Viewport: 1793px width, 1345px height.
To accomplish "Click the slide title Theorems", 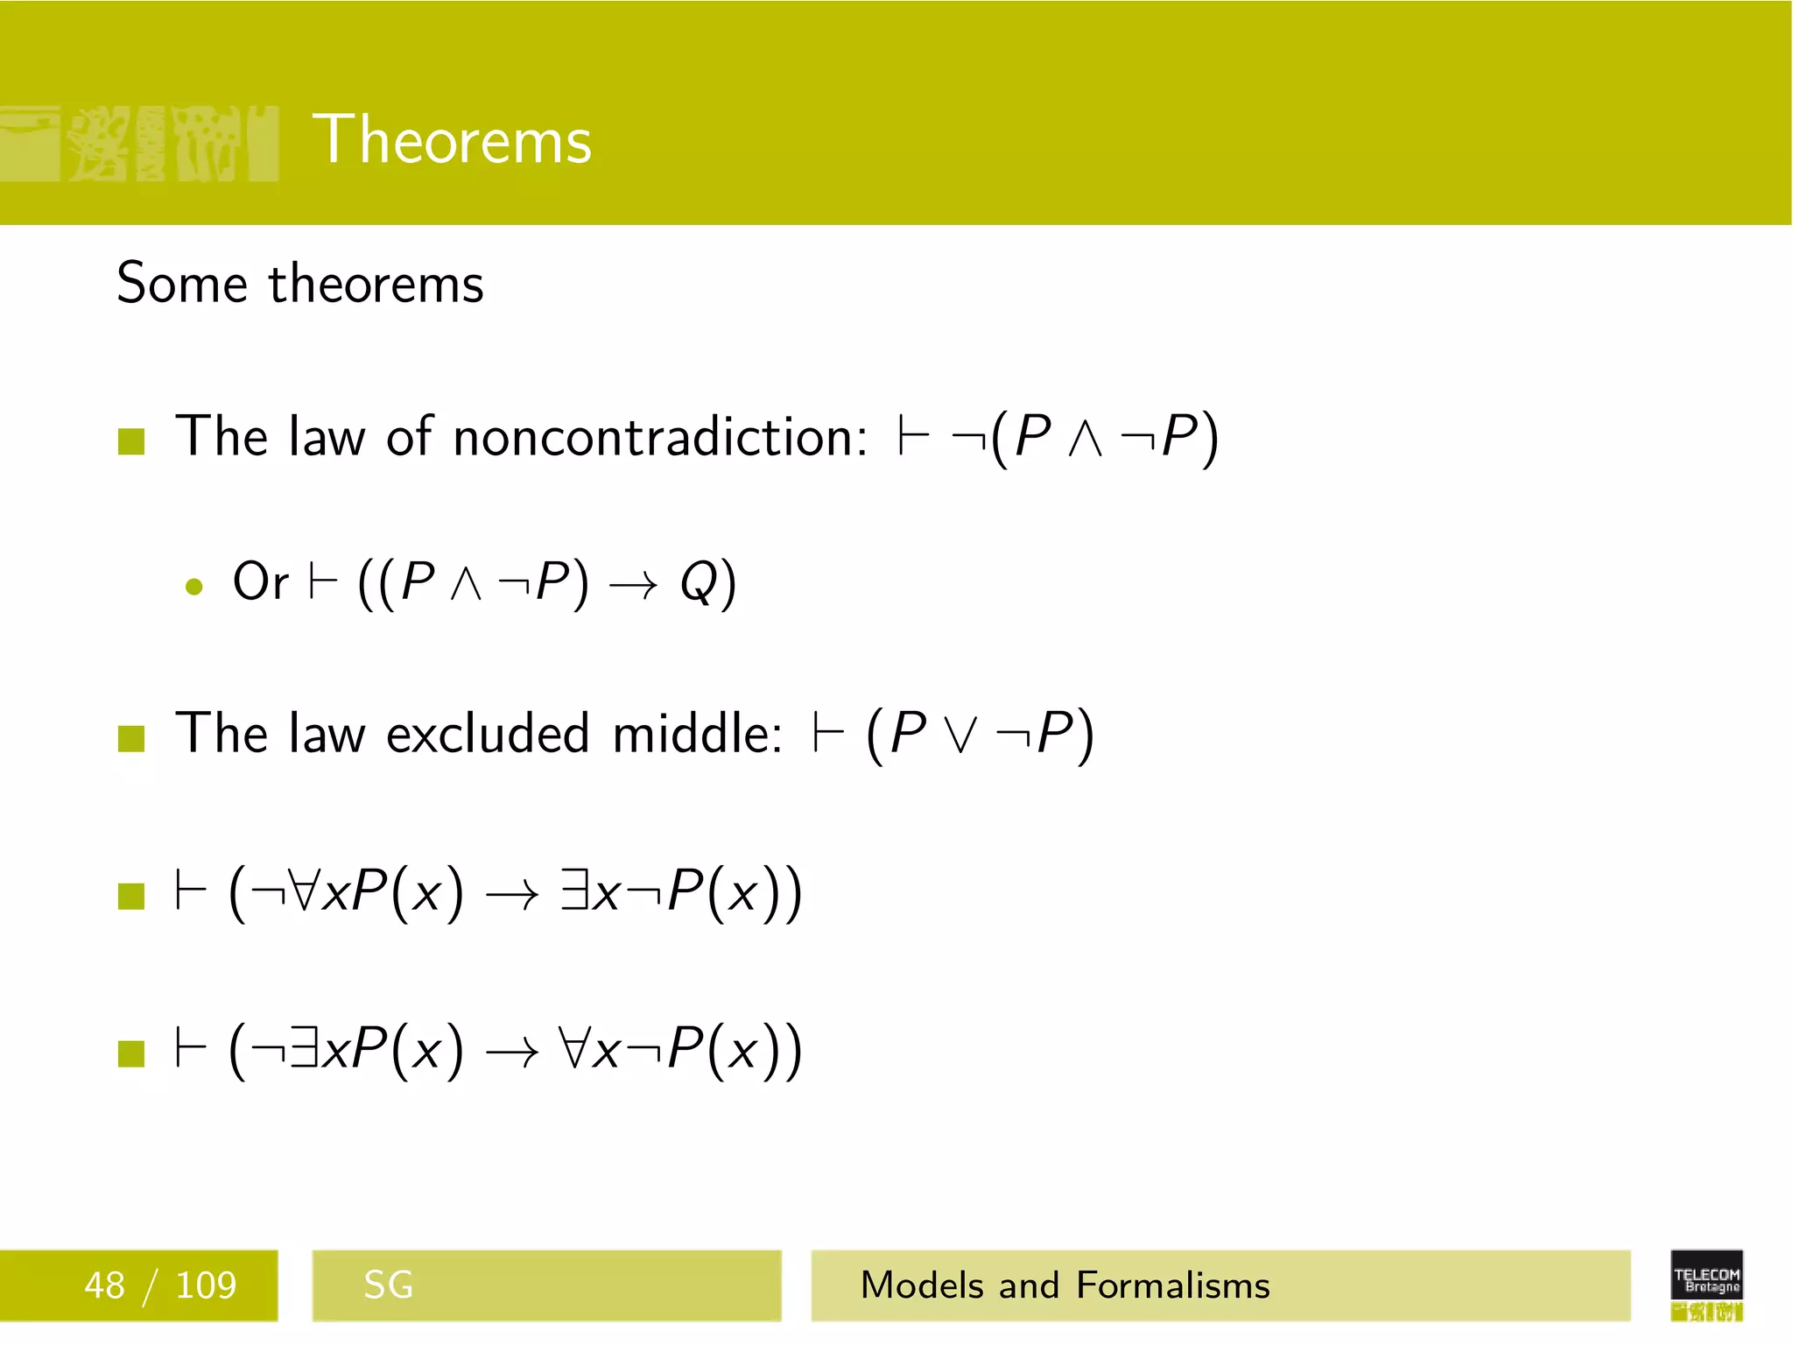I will (x=452, y=140).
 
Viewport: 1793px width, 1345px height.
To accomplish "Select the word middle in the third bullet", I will (x=696, y=733).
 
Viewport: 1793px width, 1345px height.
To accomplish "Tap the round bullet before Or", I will (x=194, y=587).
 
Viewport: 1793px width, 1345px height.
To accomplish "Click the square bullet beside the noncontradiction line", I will (x=131, y=441).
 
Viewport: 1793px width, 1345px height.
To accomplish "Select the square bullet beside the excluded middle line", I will (x=131, y=738).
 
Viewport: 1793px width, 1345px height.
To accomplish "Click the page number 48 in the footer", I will (x=104, y=1285).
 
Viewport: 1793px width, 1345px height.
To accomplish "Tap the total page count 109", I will (x=206, y=1285).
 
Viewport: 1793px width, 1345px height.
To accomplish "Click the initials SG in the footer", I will (x=388, y=1285).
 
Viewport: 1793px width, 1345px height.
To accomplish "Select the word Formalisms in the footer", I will (x=1172, y=1285).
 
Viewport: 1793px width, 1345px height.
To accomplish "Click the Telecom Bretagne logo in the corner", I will (x=1706, y=1285).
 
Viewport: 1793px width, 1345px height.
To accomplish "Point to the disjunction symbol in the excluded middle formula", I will (x=960, y=736).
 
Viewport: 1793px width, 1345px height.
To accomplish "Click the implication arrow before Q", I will (x=633, y=585).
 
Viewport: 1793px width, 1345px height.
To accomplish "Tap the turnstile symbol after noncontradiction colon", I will (x=913, y=437).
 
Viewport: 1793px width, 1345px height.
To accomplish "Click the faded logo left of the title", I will (x=140, y=143).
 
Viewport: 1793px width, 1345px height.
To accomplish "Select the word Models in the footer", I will (x=922, y=1285).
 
